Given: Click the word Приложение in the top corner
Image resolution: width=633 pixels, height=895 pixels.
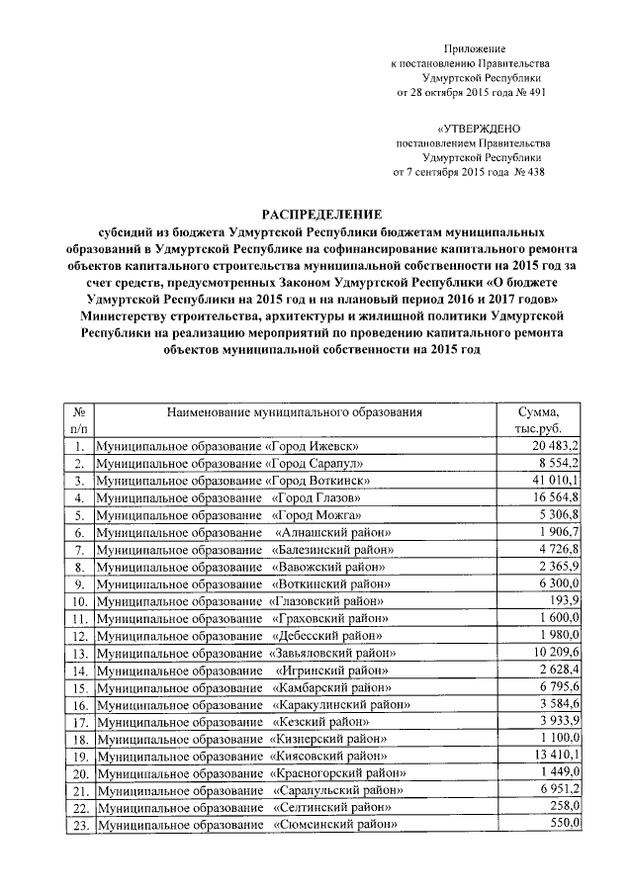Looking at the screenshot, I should pos(478,47).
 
